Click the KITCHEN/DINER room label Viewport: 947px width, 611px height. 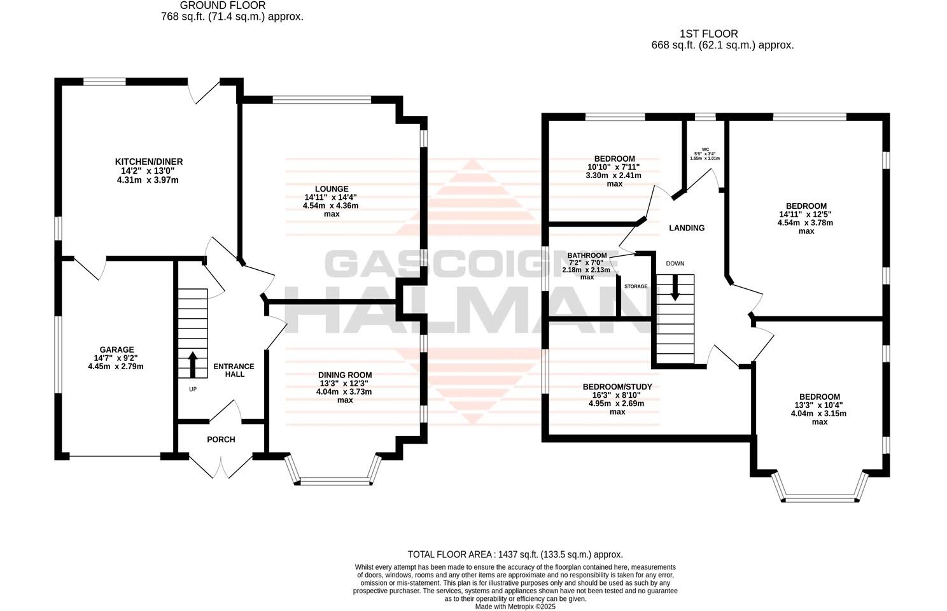pyautogui.click(x=148, y=162)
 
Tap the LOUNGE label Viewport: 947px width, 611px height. pyautogui.click(x=331, y=189)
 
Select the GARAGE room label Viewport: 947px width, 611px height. pyautogui.click(x=116, y=349)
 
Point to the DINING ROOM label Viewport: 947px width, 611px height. pyautogui.click(x=345, y=375)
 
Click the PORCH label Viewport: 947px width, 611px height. pyautogui.click(x=221, y=440)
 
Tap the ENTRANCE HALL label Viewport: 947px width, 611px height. pyautogui.click(x=234, y=370)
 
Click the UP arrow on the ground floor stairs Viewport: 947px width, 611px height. pyautogui.click(x=192, y=364)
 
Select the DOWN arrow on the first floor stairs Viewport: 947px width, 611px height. pyautogui.click(x=675, y=287)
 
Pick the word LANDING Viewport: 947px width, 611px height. pyautogui.click(x=687, y=228)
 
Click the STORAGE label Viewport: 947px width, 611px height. pyautogui.click(x=636, y=286)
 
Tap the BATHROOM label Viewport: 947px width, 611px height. pyautogui.click(x=587, y=256)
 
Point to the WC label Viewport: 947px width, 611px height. pyautogui.click(x=705, y=149)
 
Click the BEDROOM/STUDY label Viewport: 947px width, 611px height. pyautogui.click(x=617, y=387)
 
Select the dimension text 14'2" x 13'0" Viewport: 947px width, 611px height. pyautogui.click(x=148, y=171)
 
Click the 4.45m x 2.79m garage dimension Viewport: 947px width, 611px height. pyautogui.click(x=116, y=367)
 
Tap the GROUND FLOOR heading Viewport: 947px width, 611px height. pyautogui.click(x=232, y=6)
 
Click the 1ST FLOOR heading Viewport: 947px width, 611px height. pyautogui.click(x=708, y=34)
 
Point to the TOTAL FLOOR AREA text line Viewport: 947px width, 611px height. pyautogui.click(x=515, y=554)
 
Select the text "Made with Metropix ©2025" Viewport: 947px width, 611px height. pyautogui.click(x=516, y=607)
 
